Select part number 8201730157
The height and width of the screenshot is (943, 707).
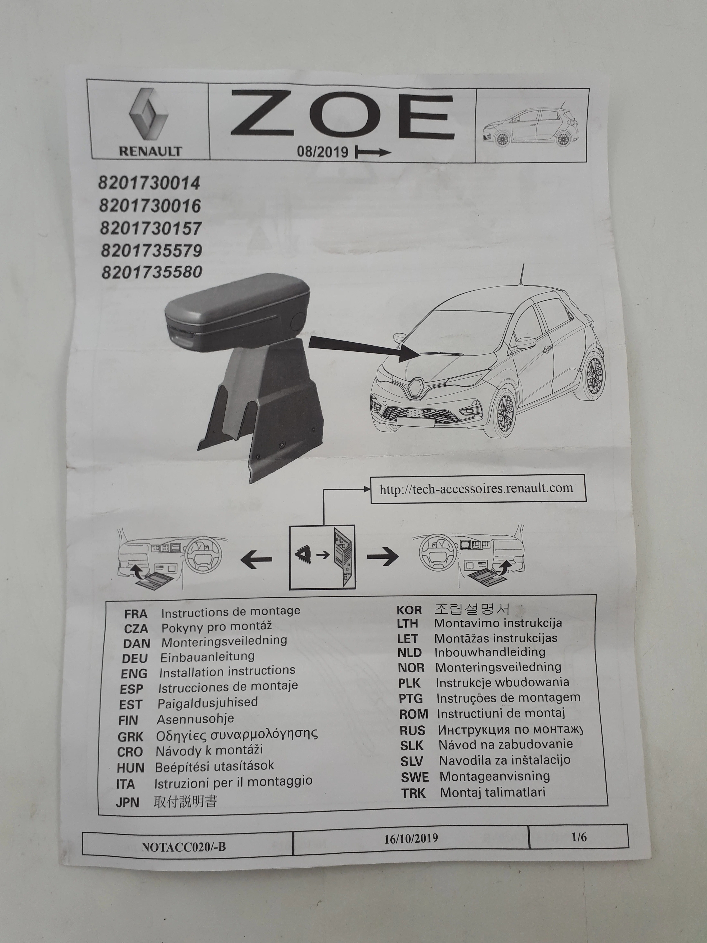pos(150,229)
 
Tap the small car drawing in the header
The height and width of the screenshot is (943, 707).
pos(531,126)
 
